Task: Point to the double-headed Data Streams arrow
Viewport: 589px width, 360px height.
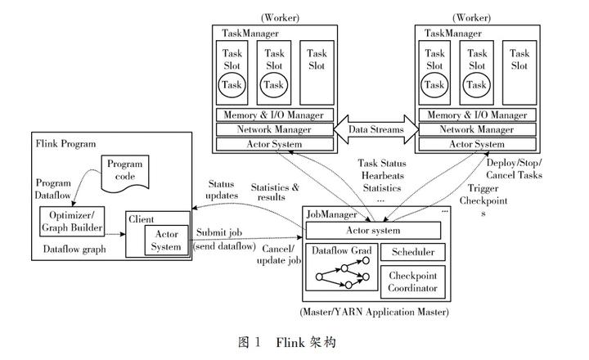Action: coord(375,129)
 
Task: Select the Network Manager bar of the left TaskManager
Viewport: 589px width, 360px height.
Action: coord(275,129)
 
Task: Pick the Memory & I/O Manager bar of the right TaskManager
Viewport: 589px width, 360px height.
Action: coord(476,115)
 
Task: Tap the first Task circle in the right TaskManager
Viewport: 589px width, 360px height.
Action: coord(434,84)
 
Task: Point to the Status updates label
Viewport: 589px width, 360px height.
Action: coord(222,190)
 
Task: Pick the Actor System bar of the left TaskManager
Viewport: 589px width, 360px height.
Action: coord(275,144)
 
